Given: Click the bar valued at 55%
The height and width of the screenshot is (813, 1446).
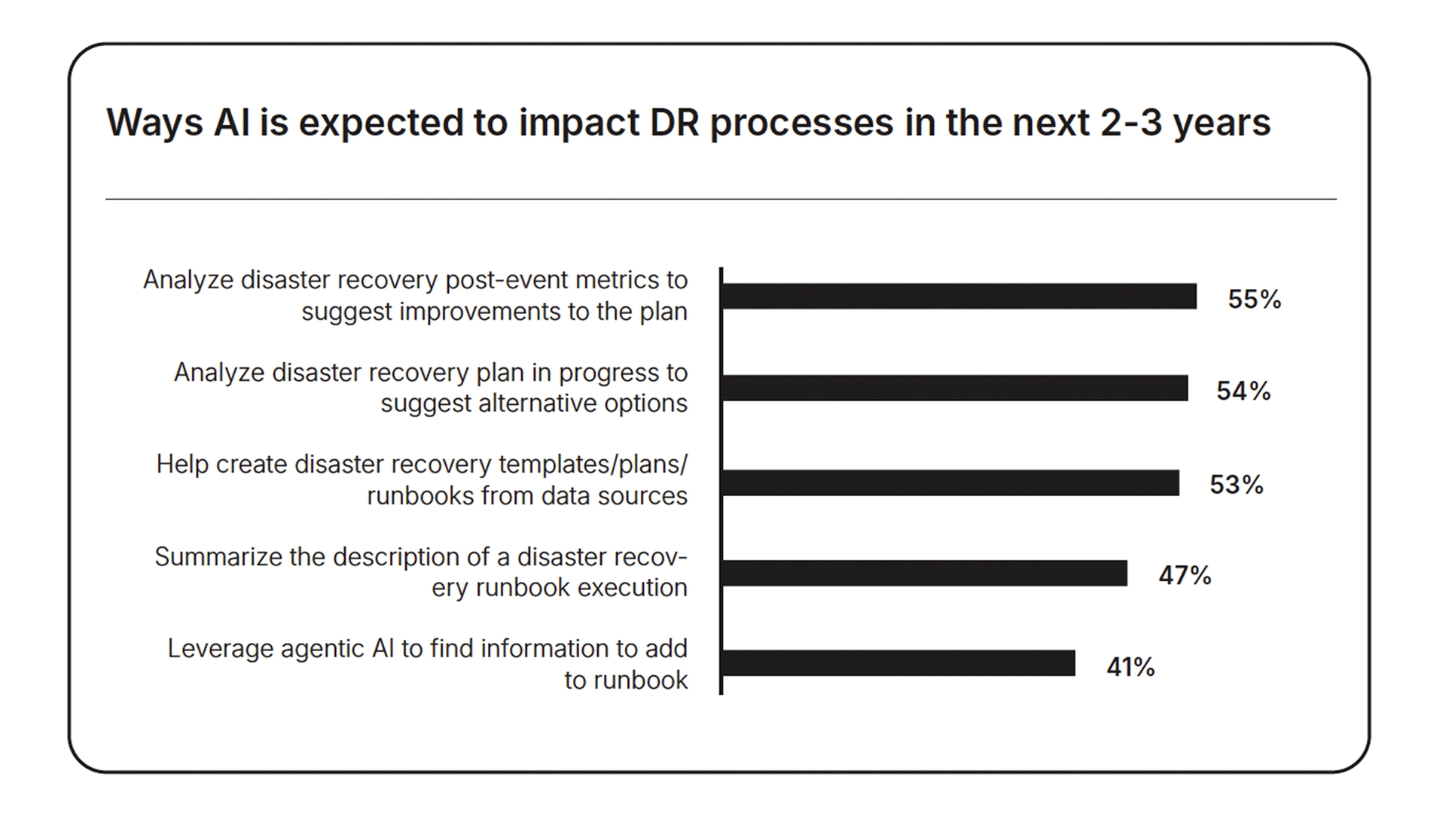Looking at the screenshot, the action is tap(959, 297).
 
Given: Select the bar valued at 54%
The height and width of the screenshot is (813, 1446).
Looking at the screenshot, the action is tap(955, 388).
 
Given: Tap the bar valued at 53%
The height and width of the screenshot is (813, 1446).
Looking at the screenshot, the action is tap(951, 483).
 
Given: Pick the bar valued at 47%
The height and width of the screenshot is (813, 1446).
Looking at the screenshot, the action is tap(925, 573).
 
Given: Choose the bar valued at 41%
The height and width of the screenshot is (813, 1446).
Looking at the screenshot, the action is tap(899, 663).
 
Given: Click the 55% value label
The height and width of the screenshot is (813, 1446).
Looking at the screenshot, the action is tap(1255, 300).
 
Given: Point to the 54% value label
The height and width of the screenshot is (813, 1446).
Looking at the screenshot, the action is tap(1244, 391).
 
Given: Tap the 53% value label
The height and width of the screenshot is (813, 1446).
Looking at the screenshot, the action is tap(1237, 485).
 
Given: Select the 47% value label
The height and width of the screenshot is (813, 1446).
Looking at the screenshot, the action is tap(1185, 576).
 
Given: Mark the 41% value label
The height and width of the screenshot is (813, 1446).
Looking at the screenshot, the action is tap(1130, 668).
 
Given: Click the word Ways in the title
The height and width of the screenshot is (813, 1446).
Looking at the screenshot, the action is tap(154, 123).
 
